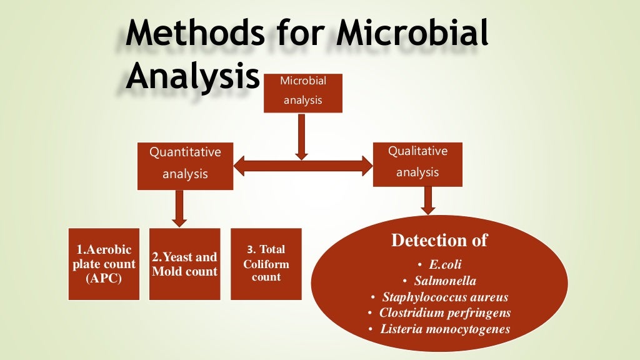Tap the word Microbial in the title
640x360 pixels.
click(412, 34)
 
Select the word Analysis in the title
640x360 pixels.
click(192, 77)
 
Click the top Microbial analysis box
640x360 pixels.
click(302, 91)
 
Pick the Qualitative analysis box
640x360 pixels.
click(417, 163)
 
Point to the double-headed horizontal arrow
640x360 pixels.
click(302, 166)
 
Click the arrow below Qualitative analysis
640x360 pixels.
click(428, 201)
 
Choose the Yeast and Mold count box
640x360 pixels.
click(184, 264)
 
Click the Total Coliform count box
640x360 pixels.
click(266, 264)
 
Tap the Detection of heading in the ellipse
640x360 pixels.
click(439, 240)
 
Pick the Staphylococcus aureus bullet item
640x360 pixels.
click(445, 297)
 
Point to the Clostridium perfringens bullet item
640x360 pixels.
click(445, 312)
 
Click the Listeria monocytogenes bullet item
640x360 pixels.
click(445, 329)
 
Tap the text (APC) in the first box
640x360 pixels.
click(103, 278)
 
